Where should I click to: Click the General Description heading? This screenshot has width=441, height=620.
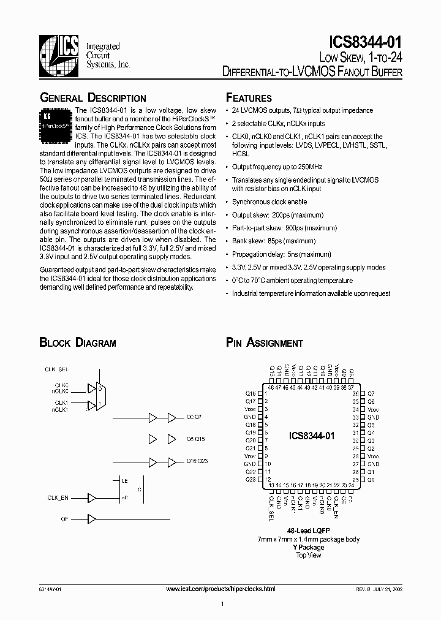pos(92,98)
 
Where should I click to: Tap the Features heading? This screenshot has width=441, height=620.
pos(249,98)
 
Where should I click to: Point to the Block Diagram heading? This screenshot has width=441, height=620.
pos(77,343)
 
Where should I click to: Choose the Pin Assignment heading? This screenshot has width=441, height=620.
pos(264,343)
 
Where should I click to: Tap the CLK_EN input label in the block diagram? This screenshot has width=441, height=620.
pos(57,497)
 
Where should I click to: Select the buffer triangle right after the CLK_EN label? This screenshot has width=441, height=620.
pos(92,497)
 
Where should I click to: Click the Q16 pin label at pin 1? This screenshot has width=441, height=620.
pos(251,393)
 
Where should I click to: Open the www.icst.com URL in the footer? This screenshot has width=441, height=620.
pos(221,589)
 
